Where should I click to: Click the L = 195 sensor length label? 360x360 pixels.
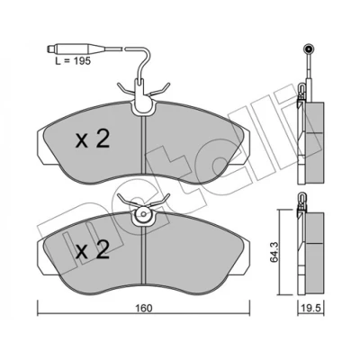tap(73, 61)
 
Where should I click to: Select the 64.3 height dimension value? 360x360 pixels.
tap(274, 252)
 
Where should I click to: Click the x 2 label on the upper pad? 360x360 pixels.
tap(93, 139)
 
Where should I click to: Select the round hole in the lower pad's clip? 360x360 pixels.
tap(143, 214)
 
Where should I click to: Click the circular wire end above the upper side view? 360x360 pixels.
tap(309, 48)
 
